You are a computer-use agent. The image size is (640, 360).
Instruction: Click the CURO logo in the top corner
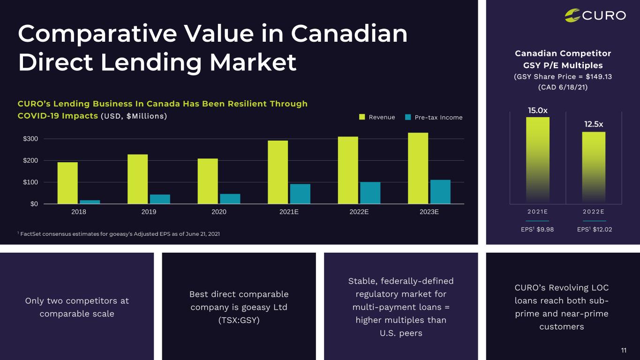[x=595, y=15]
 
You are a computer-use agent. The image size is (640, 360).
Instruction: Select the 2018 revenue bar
[x=68, y=183]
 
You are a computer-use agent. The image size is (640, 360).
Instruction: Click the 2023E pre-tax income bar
[x=440, y=192]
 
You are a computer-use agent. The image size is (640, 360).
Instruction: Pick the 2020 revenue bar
[x=208, y=181]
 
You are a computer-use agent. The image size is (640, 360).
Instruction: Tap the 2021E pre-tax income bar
[x=300, y=194]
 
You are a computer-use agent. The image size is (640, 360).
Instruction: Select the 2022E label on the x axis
[x=359, y=212]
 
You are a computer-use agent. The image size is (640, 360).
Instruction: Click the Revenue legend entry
[x=377, y=117]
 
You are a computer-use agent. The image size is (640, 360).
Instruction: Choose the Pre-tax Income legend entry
[x=434, y=117]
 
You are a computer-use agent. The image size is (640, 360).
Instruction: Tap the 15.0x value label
[x=537, y=110]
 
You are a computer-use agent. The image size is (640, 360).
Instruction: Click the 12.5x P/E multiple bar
[x=594, y=167]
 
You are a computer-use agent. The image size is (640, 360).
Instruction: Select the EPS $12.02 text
[x=595, y=229]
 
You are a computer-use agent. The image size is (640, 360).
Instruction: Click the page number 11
[x=624, y=350]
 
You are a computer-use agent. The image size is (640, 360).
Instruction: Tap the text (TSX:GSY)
[x=239, y=320]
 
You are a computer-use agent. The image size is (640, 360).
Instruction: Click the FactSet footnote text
[x=119, y=233]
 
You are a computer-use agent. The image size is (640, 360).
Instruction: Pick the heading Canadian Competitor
[x=563, y=53]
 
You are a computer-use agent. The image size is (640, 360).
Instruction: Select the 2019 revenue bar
[x=137, y=179]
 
